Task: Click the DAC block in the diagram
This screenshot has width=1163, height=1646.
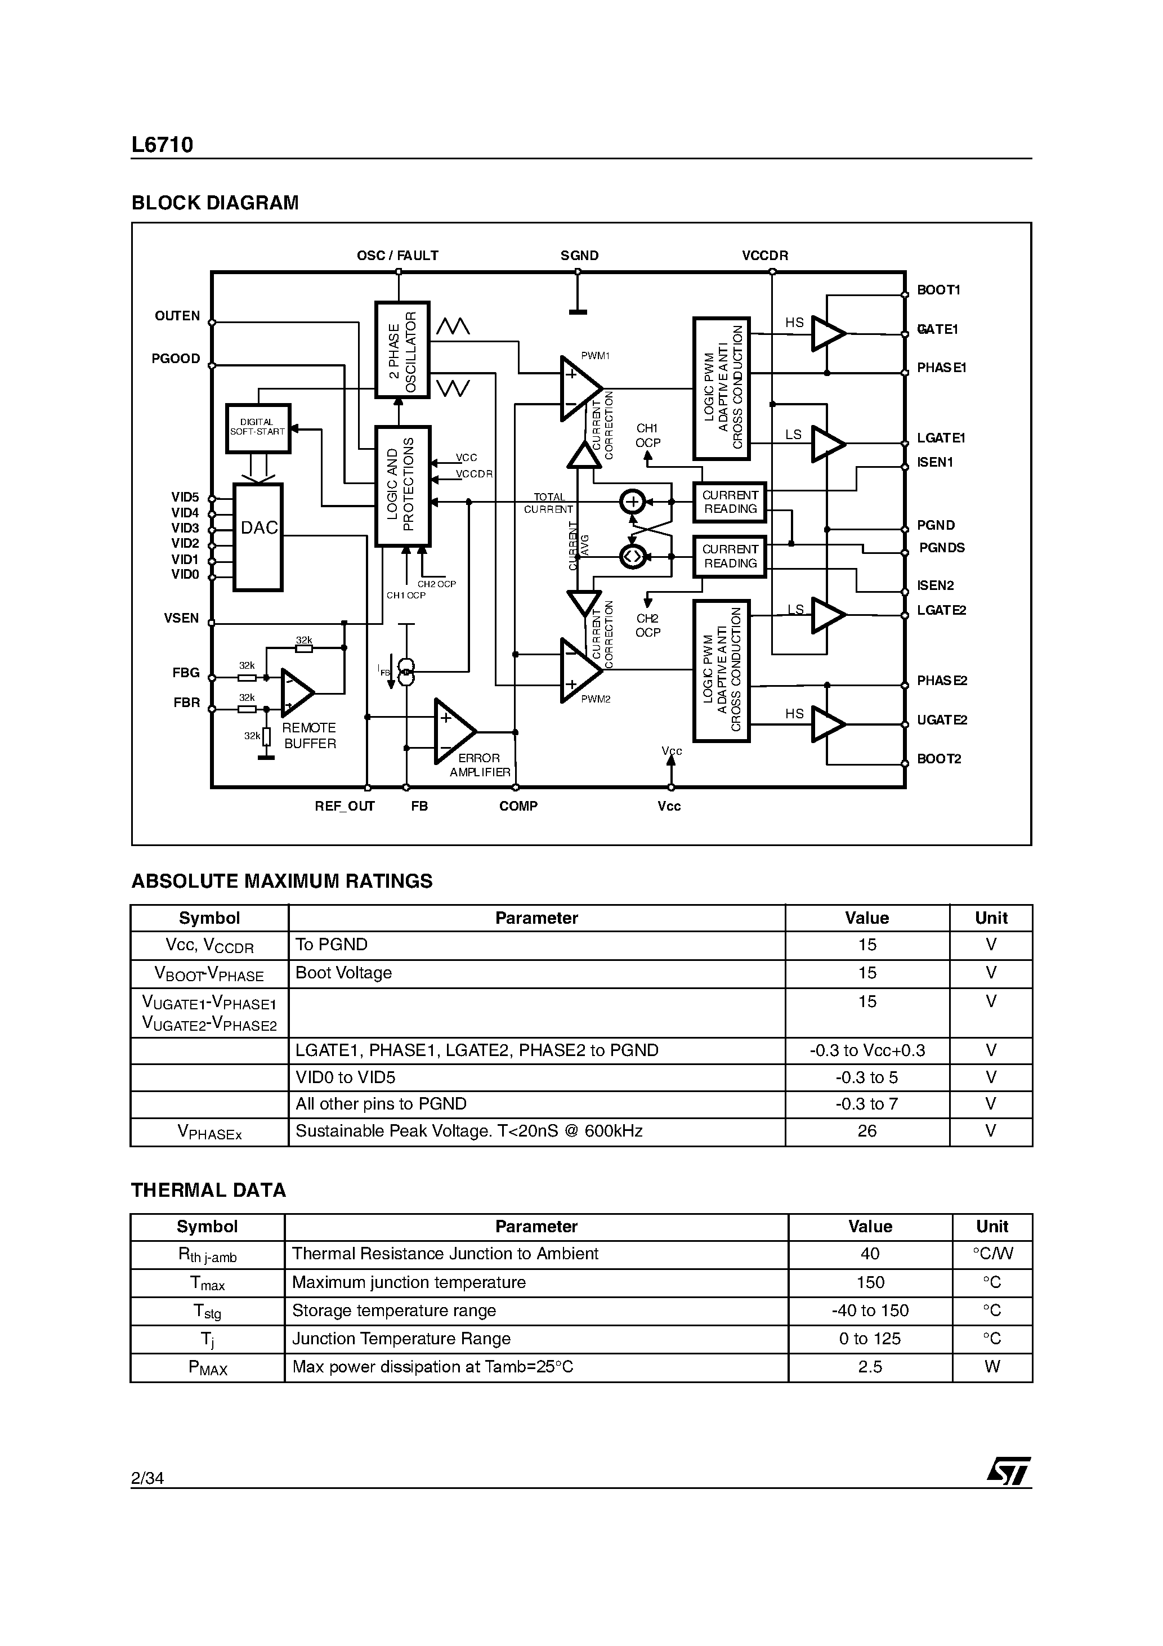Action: point(258,536)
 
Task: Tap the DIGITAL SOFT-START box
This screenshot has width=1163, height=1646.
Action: point(258,428)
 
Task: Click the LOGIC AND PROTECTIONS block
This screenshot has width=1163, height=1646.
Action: point(402,485)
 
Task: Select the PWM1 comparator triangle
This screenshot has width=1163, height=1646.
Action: point(579,388)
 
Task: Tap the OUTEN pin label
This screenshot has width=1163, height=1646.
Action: point(177,316)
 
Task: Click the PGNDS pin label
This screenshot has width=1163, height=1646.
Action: point(941,548)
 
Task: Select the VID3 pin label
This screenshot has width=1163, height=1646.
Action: point(185,529)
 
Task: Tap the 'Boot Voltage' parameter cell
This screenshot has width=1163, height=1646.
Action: point(344,973)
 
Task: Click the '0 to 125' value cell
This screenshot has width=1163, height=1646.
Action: point(870,1339)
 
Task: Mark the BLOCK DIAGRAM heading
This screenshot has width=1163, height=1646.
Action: point(214,203)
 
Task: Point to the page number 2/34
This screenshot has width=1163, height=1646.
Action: point(147,1478)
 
